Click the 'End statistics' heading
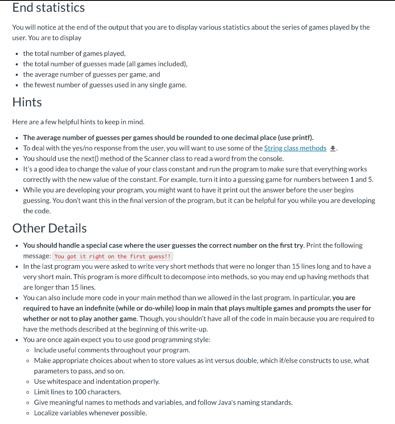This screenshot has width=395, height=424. pyautogui.click(x=48, y=7)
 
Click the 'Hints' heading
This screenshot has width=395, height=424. pyautogui.click(x=27, y=102)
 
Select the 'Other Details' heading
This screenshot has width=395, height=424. pyautogui.click(x=49, y=228)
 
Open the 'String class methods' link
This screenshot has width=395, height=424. pyautogui.click(x=295, y=148)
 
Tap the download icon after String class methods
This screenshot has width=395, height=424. pyautogui.click(x=332, y=149)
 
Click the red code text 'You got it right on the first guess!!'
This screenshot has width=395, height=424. pyautogui.click(x=113, y=256)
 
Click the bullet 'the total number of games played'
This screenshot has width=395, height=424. pyautogui.click(x=74, y=53)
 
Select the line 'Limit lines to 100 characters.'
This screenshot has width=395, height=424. pyautogui.click(x=77, y=392)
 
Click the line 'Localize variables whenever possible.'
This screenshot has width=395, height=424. pyautogui.click(x=90, y=413)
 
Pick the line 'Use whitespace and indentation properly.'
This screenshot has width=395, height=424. pyautogui.click(x=96, y=381)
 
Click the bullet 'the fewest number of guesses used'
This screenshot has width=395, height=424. pyautogui.click(x=105, y=85)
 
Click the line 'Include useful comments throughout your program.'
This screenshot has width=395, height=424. pyautogui.click(x=112, y=350)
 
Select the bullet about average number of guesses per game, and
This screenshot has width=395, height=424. pyautogui.click(x=92, y=75)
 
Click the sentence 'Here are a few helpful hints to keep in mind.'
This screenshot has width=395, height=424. pyautogui.click(x=78, y=122)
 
